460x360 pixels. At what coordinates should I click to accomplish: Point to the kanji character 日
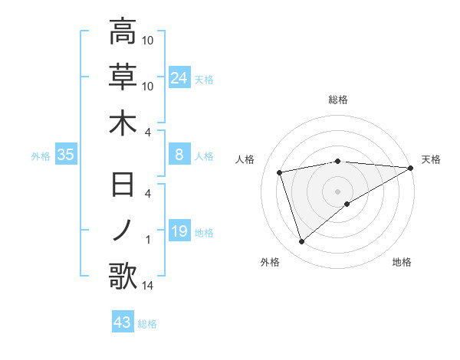[123, 185]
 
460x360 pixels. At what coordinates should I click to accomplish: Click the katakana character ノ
[123, 230]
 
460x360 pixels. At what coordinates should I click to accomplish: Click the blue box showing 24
[179, 77]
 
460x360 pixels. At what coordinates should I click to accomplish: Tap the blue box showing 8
[179, 155]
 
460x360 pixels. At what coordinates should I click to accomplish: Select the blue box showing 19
[179, 231]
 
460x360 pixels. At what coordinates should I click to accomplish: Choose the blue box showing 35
[66, 155]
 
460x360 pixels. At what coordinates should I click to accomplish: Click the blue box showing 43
[123, 322]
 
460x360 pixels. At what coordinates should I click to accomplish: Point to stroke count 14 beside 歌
[149, 286]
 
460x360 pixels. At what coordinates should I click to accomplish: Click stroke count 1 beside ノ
[148, 240]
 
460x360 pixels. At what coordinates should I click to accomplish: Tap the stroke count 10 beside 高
[148, 40]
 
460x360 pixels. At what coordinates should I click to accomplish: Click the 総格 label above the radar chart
[337, 100]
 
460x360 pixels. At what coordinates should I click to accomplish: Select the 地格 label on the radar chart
[402, 262]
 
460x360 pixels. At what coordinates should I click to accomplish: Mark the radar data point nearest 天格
[412, 168]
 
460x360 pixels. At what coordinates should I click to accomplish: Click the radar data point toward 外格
[301, 242]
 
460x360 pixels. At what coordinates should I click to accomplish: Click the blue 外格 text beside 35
[40, 155]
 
